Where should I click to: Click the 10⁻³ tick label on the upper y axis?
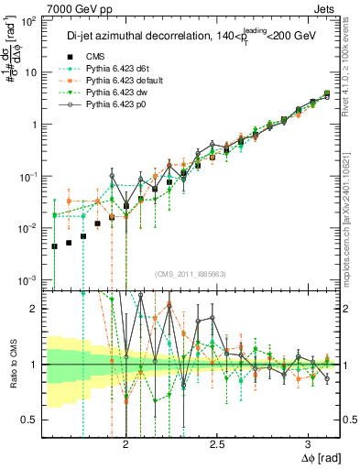[31, 279]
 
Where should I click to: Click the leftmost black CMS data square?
[54, 245]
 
